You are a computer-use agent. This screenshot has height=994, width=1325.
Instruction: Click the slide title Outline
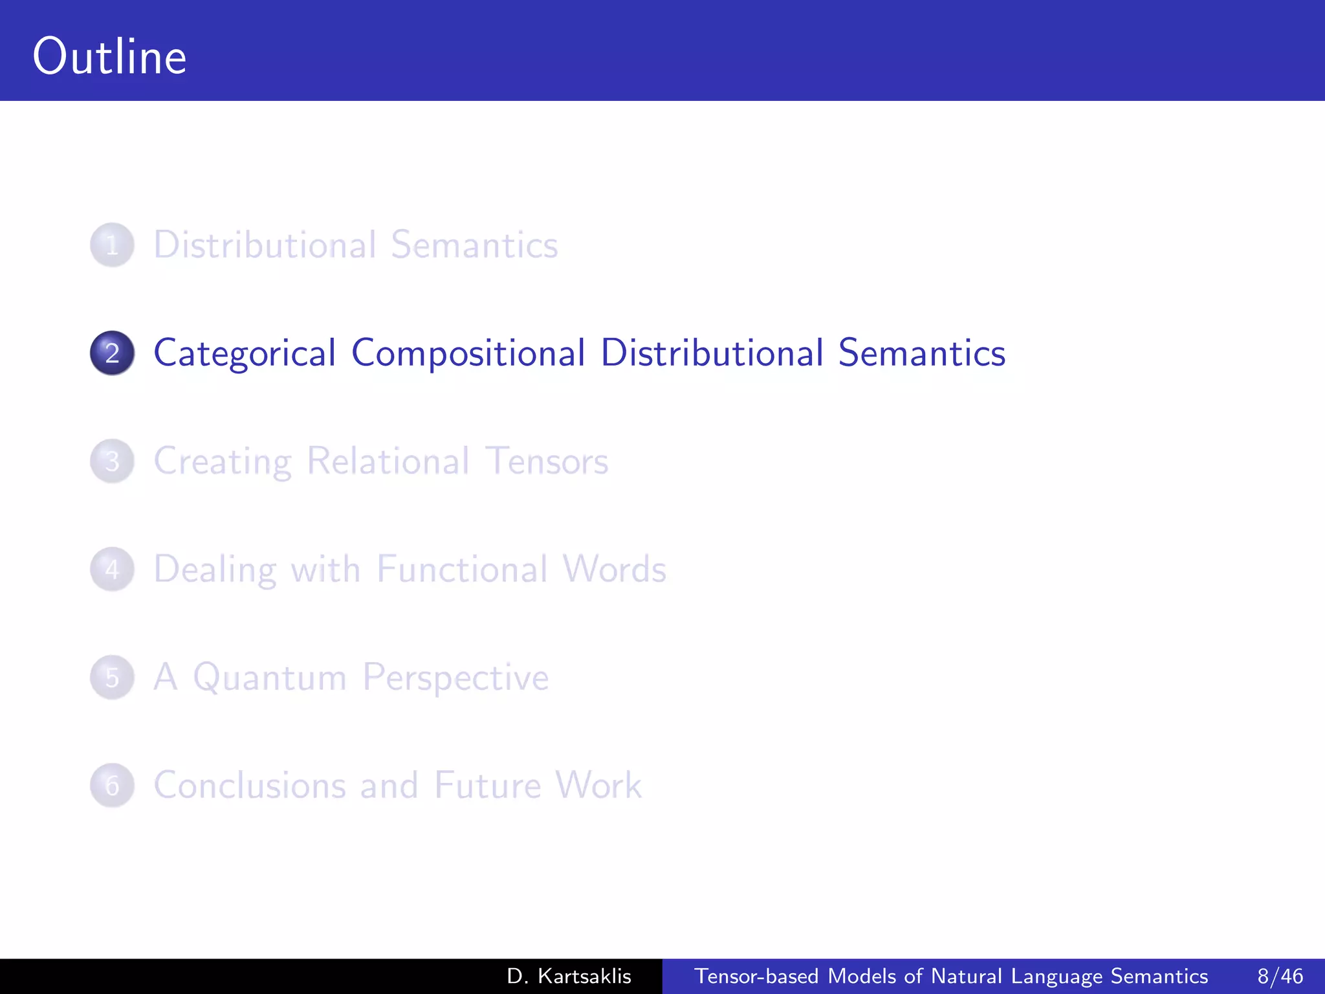click(x=109, y=56)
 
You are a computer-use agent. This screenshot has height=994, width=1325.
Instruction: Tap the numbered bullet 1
click(x=112, y=245)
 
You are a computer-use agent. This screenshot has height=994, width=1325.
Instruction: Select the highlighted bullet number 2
click(x=112, y=353)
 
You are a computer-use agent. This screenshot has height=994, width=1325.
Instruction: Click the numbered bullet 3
click(x=112, y=461)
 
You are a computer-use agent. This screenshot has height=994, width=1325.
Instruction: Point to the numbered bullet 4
click(x=112, y=569)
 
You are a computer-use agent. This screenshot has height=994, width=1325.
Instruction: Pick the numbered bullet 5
click(x=112, y=678)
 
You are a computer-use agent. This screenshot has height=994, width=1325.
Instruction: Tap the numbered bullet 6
click(x=112, y=786)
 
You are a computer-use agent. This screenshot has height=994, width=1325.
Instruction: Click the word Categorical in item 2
click(x=245, y=353)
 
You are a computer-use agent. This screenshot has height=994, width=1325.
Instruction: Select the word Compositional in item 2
click(x=468, y=353)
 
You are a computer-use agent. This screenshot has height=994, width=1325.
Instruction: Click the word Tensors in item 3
click(x=546, y=461)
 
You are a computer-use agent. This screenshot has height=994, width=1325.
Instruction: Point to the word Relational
click(x=388, y=461)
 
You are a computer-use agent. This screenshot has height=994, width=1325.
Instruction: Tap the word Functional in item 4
click(x=461, y=569)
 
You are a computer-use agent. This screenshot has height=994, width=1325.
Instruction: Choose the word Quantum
click(x=270, y=678)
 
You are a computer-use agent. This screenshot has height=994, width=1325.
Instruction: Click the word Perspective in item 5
click(x=455, y=678)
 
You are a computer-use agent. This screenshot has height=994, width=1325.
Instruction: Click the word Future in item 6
click(x=487, y=785)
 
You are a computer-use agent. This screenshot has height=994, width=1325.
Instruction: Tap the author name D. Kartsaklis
click(x=569, y=976)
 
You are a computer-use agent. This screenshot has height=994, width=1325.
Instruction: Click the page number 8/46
click(x=1280, y=976)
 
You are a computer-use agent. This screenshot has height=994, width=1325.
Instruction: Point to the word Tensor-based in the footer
click(x=756, y=976)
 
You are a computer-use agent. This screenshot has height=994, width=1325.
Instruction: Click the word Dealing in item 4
click(x=215, y=569)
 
